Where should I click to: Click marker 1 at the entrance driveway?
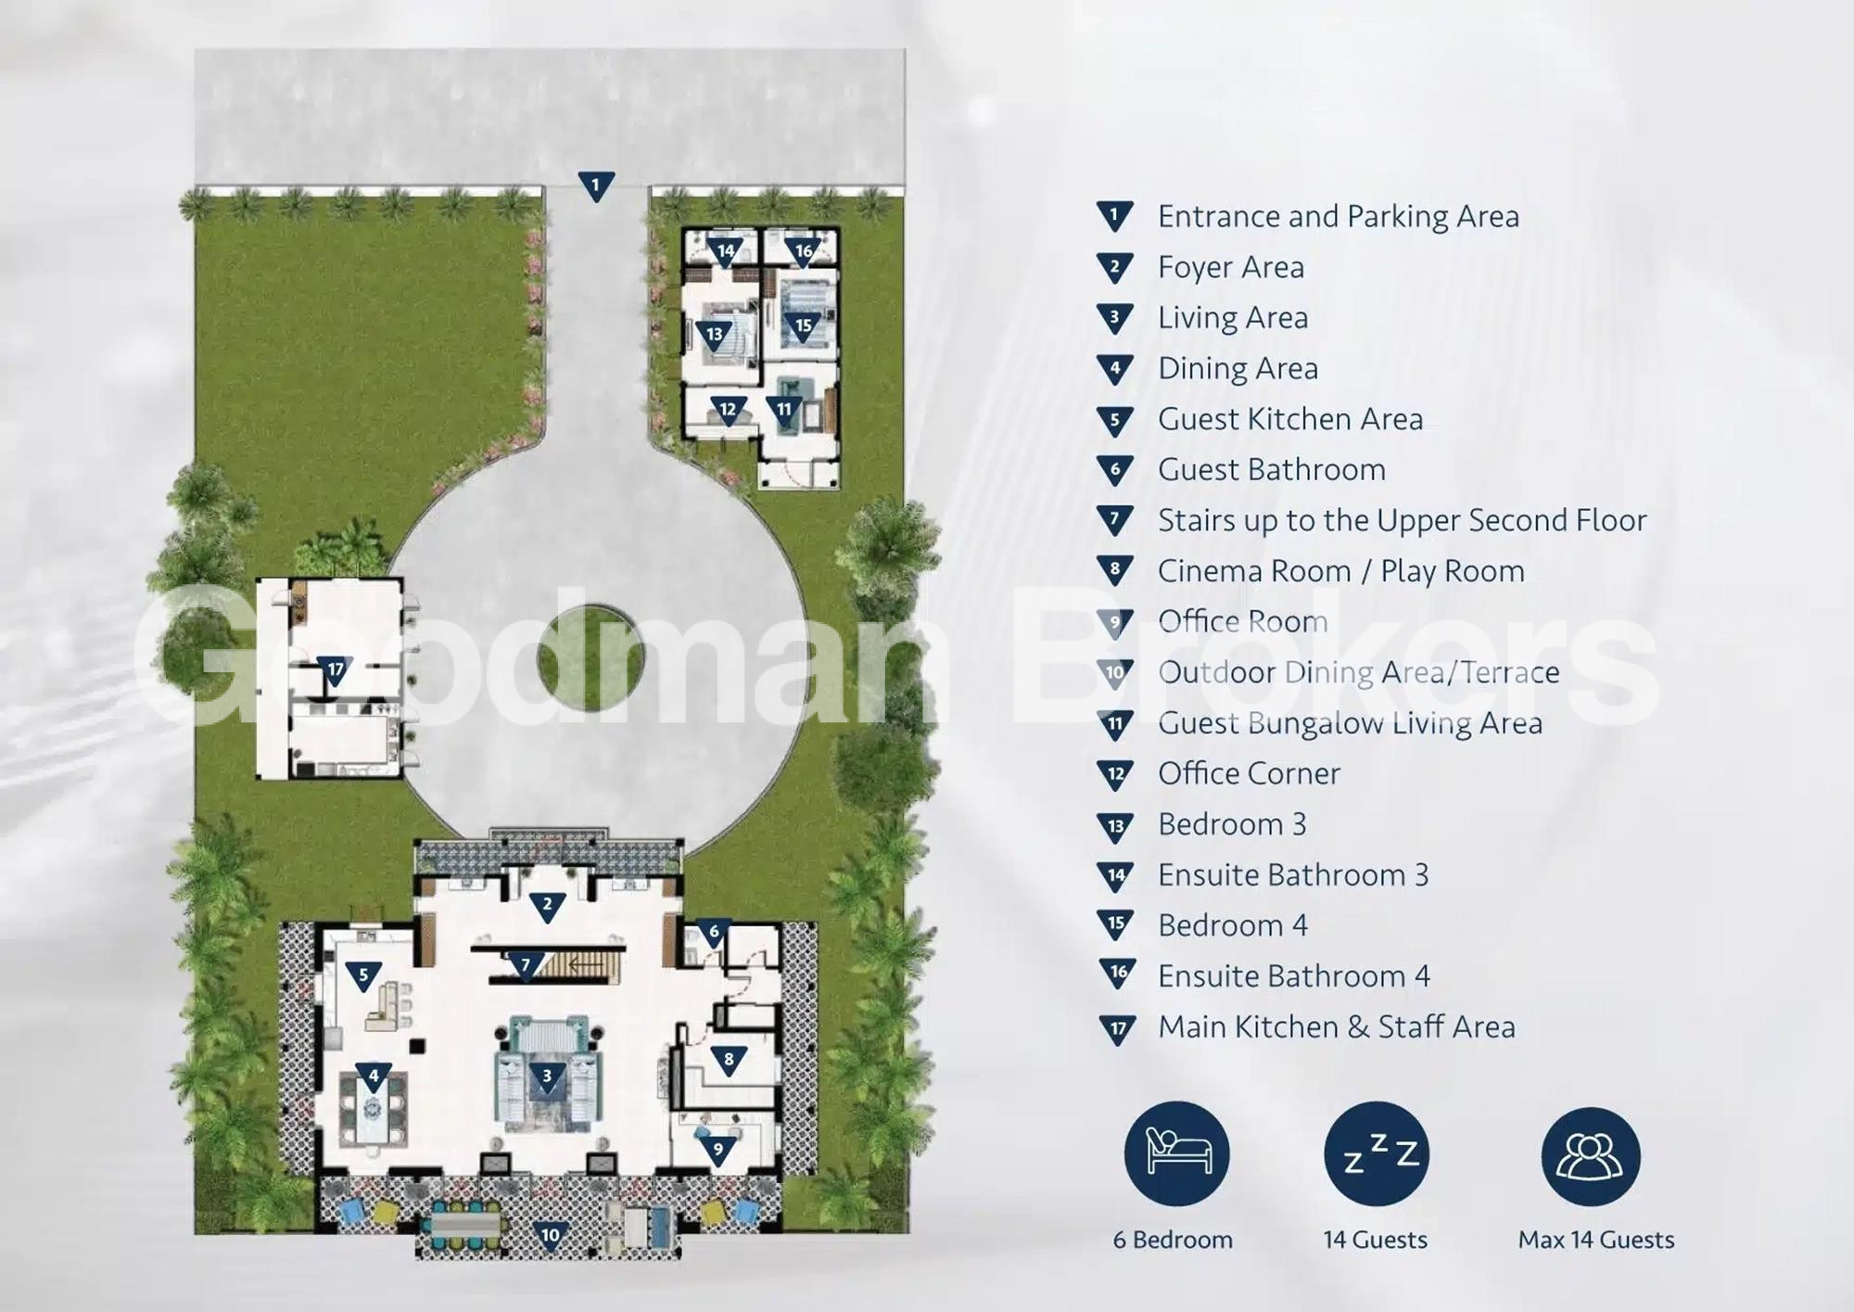click(595, 186)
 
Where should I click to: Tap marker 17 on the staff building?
click(335, 670)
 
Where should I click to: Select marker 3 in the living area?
click(547, 1076)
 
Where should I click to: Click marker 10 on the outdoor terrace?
click(551, 1236)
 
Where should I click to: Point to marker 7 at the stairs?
click(526, 966)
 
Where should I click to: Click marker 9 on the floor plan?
click(717, 1152)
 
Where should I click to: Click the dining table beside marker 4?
click(373, 1110)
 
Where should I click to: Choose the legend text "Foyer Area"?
click(1230, 268)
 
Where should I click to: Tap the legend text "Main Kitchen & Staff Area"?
click(1336, 1027)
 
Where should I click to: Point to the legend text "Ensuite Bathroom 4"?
click(1293, 976)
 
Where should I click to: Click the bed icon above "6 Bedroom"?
click(1176, 1153)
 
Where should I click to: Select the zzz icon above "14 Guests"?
click(1377, 1153)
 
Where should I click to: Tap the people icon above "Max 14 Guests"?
click(1591, 1157)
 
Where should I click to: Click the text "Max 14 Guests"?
click(1595, 1241)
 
